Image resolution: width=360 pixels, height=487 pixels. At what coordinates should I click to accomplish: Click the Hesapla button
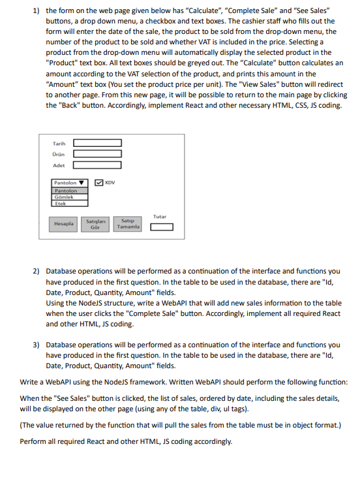64,223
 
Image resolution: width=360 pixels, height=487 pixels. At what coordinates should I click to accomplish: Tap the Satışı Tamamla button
128,223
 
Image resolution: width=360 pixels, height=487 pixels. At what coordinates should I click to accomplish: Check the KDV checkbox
98,183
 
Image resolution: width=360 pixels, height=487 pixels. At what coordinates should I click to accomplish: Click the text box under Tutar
162,227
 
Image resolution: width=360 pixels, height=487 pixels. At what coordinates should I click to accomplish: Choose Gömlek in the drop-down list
64,196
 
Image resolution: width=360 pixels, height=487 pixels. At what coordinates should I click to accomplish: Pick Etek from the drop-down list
60,203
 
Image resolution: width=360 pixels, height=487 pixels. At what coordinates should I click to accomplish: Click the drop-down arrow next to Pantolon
82,183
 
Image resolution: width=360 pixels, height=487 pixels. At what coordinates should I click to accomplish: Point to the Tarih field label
59,143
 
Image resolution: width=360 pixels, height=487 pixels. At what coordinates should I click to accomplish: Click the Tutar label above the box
160,216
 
